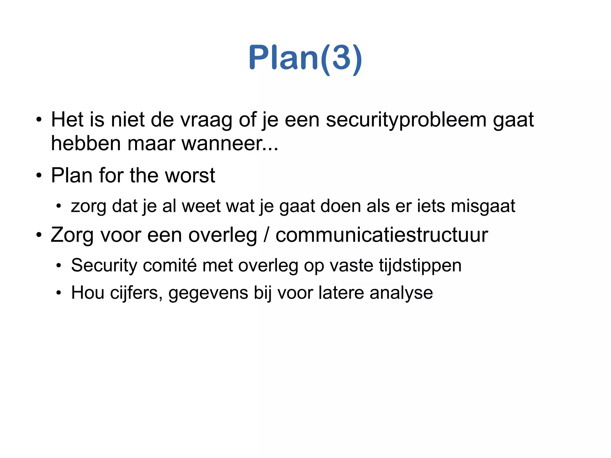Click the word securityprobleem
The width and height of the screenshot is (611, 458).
pyautogui.click(x=406, y=120)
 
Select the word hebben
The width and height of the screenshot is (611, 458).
pyautogui.click(x=86, y=144)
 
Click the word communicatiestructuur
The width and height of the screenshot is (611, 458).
pyautogui.click(x=382, y=235)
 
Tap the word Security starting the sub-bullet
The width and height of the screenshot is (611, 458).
pyautogui.click(x=104, y=265)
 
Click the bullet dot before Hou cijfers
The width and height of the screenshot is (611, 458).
pyautogui.click(x=59, y=293)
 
